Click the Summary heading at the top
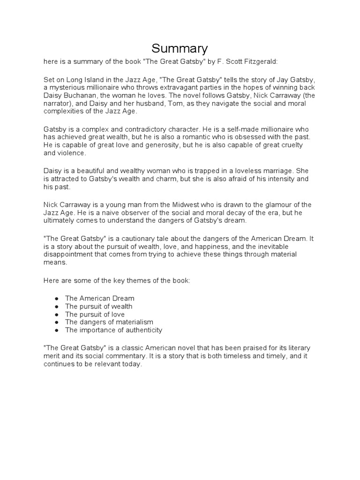point(180,48)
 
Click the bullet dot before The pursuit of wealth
point(57,307)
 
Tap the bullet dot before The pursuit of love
point(57,315)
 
